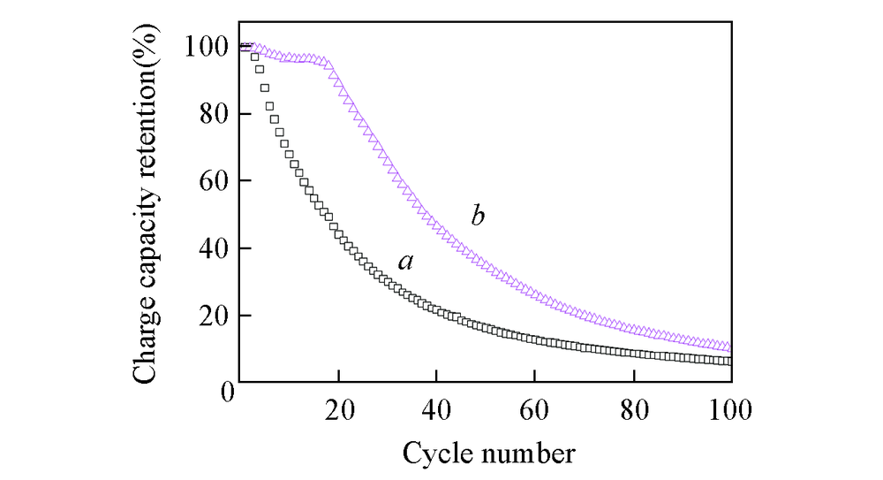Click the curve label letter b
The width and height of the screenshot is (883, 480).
[478, 215]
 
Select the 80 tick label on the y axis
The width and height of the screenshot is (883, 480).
[213, 114]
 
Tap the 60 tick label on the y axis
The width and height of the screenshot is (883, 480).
[213, 181]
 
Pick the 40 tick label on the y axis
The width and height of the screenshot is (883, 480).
[213, 248]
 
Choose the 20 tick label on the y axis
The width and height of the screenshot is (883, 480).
[213, 316]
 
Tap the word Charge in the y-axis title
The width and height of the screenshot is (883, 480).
[146, 343]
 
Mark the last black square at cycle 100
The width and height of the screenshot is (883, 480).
[728, 361]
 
